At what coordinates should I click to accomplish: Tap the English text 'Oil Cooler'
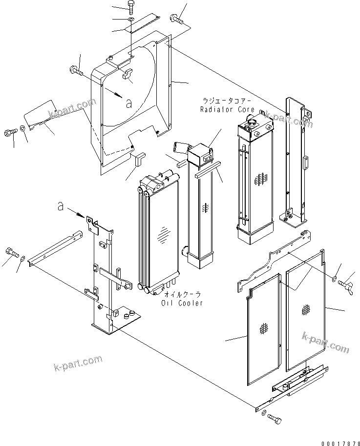click(x=182, y=303)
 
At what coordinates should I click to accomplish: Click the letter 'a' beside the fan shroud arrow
click(x=128, y=102)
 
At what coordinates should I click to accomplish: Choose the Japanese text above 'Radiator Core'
click(x=226, y=101)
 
